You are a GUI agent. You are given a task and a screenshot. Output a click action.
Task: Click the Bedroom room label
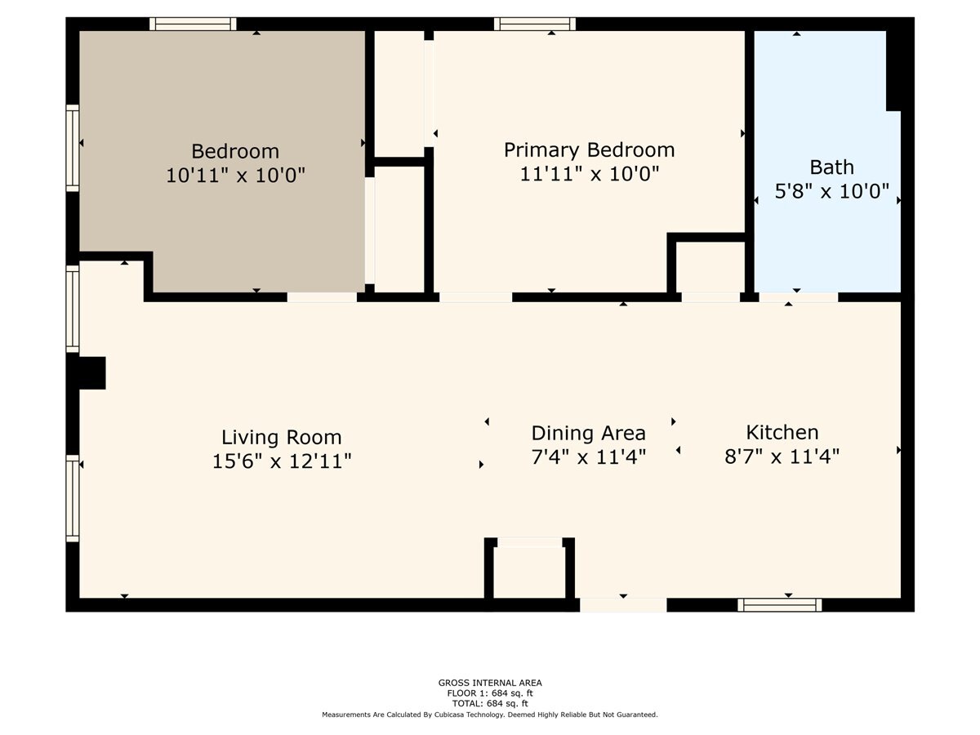click(235, 151)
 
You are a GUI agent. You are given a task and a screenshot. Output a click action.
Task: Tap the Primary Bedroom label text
click(589, 150)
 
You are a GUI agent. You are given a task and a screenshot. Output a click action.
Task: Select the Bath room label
click(831, 167)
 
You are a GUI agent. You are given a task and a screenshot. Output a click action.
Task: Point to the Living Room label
click(282, 437)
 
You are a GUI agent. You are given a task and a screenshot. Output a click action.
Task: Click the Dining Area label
click(588, 433)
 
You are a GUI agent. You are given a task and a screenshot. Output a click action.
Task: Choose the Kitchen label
click(782, 432)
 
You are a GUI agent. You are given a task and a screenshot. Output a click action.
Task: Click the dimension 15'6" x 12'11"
click(282, 461)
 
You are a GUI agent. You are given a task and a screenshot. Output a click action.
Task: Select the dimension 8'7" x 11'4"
click(782, 456)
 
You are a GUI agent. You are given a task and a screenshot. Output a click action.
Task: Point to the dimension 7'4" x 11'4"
click(588, 457)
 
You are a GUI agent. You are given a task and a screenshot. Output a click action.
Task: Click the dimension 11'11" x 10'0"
click(589, 174)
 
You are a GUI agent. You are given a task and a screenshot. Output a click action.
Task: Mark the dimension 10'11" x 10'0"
click(235, 176)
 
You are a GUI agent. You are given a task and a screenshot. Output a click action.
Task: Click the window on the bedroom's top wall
click(193, 24)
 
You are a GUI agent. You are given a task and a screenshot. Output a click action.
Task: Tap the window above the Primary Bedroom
click(535, 24)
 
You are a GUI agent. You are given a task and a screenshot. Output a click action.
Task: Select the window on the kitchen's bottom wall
click(779, 604)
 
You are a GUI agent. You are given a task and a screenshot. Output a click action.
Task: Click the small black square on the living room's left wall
click(91, 372)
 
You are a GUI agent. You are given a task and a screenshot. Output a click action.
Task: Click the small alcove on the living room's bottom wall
click(529, 572)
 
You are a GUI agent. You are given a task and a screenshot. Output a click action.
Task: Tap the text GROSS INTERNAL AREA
click(490, 683)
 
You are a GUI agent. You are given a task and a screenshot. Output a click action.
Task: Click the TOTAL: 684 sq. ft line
click(490, 703)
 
